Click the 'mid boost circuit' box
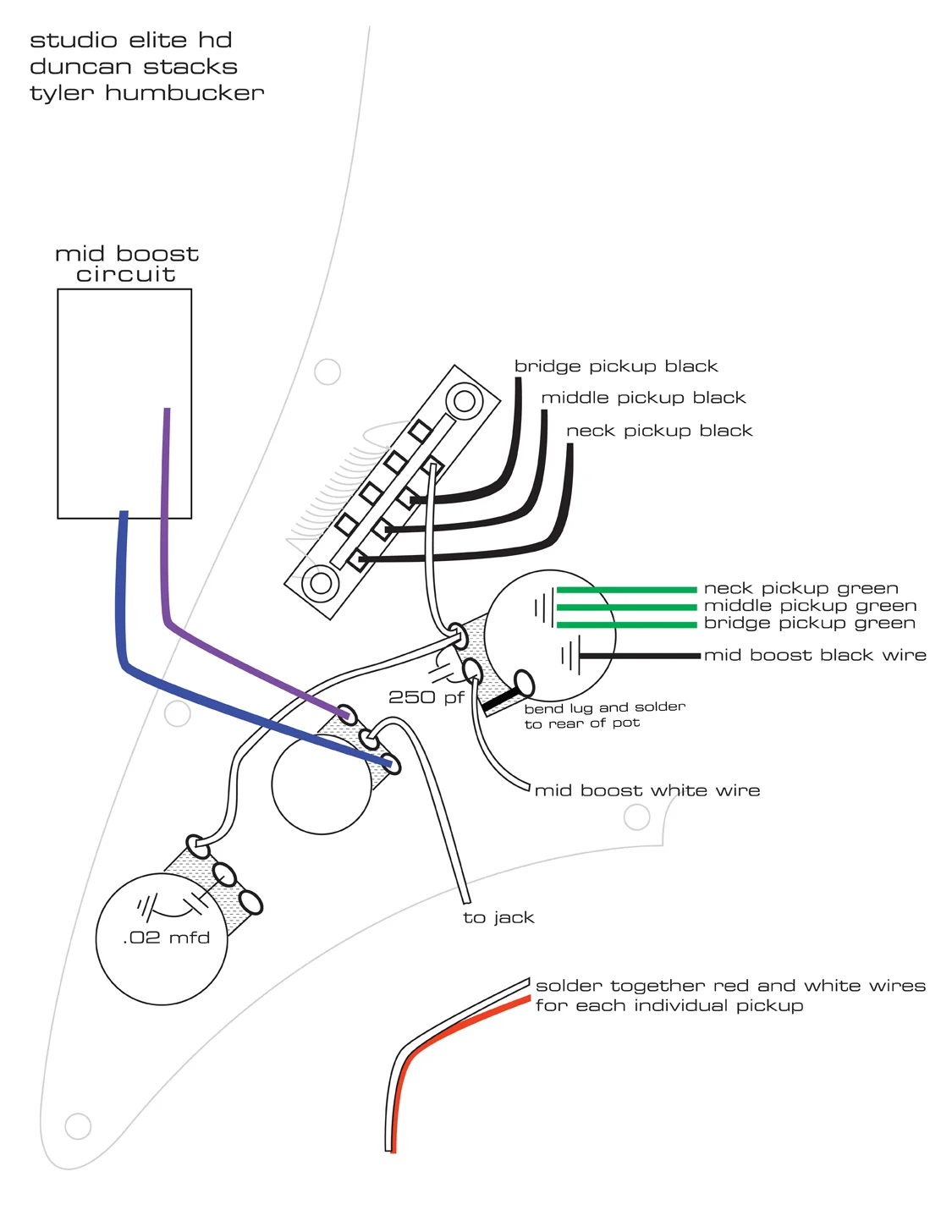click(x=124, y=404)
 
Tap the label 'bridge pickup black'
click(x=615, y=366)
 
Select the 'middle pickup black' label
click(x=643, y=398)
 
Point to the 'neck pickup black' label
click(x=658, y=431)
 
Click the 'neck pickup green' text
click(x=801, y=588)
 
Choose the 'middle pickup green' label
click(x=810, y=606)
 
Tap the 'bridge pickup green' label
click(x=809, y=624)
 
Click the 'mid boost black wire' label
click(x=815, y=655)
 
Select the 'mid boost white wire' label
click(x=647, y=790)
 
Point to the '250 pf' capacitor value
click(x=426, y=697)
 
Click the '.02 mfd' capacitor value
click(x=166, y=938)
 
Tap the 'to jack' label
click(x=498, y=917)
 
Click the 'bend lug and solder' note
click(x=604, y=707)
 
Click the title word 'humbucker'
click(x=184, y=93)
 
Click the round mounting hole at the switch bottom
click(x=321, y=583)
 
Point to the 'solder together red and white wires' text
click(x=730, y=986)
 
